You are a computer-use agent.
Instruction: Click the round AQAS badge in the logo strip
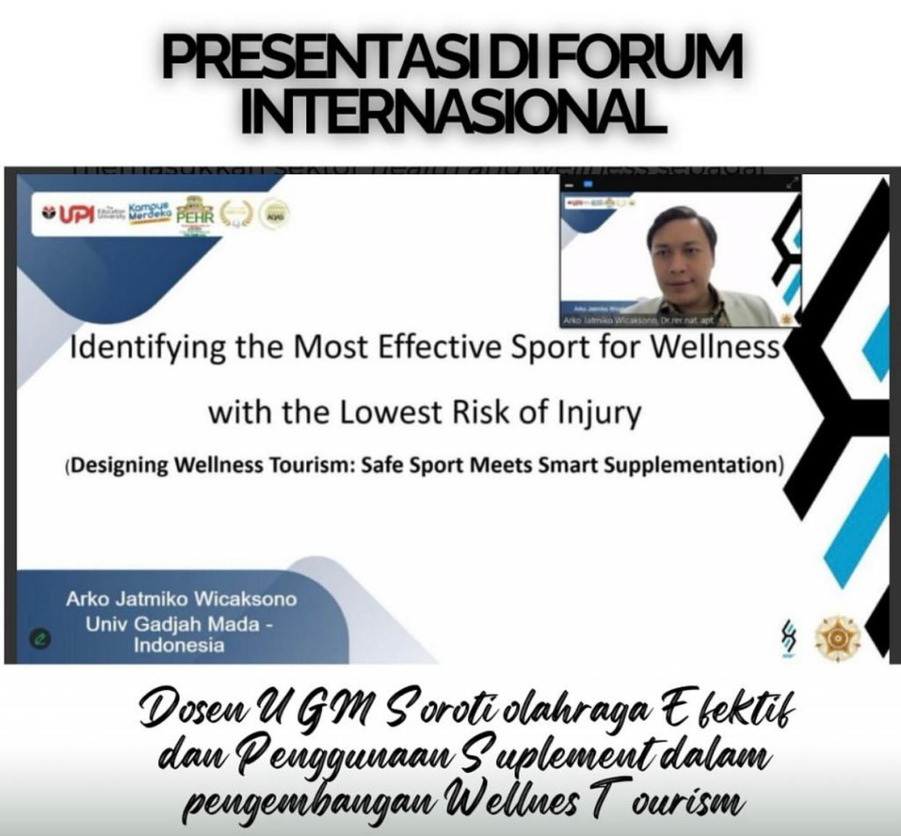[x=274, y=214]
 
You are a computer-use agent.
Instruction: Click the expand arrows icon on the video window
[x=793, y=183]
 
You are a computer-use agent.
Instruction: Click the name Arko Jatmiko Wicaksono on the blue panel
[x=181, y=600]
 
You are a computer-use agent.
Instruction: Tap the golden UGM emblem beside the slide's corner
[x=837, y=636]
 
